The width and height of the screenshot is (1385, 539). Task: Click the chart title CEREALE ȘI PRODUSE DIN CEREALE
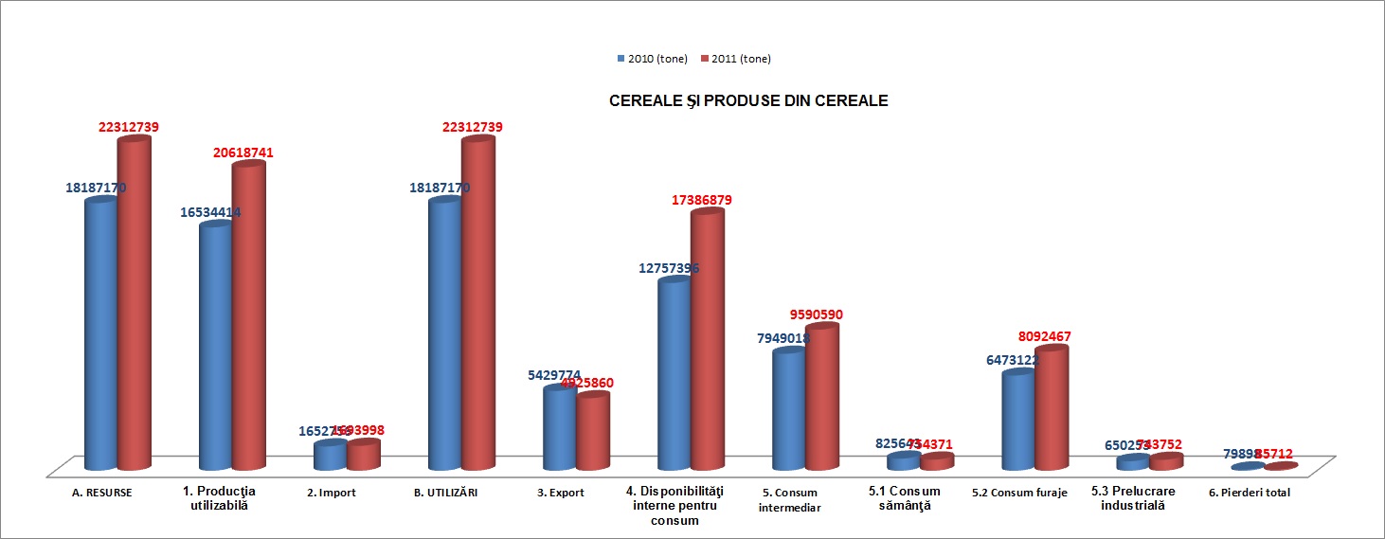click(x=747, y=100)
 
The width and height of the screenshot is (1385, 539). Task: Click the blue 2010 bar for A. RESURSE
click(x=100, y=332)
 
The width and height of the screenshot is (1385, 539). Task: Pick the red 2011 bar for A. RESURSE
click(x=134, y=303)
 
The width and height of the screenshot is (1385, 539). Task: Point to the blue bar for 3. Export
click(x=559, y=427)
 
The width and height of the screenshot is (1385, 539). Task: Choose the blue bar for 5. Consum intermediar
click(x=788, y=409)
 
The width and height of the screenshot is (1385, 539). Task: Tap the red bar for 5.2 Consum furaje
click(x=1051, y=408)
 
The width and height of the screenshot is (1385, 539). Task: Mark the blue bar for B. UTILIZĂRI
click(x=444, y=332)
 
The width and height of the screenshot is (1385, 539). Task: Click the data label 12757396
click(x=669, y=268)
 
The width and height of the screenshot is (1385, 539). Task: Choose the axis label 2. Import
click(x=332, y=493)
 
